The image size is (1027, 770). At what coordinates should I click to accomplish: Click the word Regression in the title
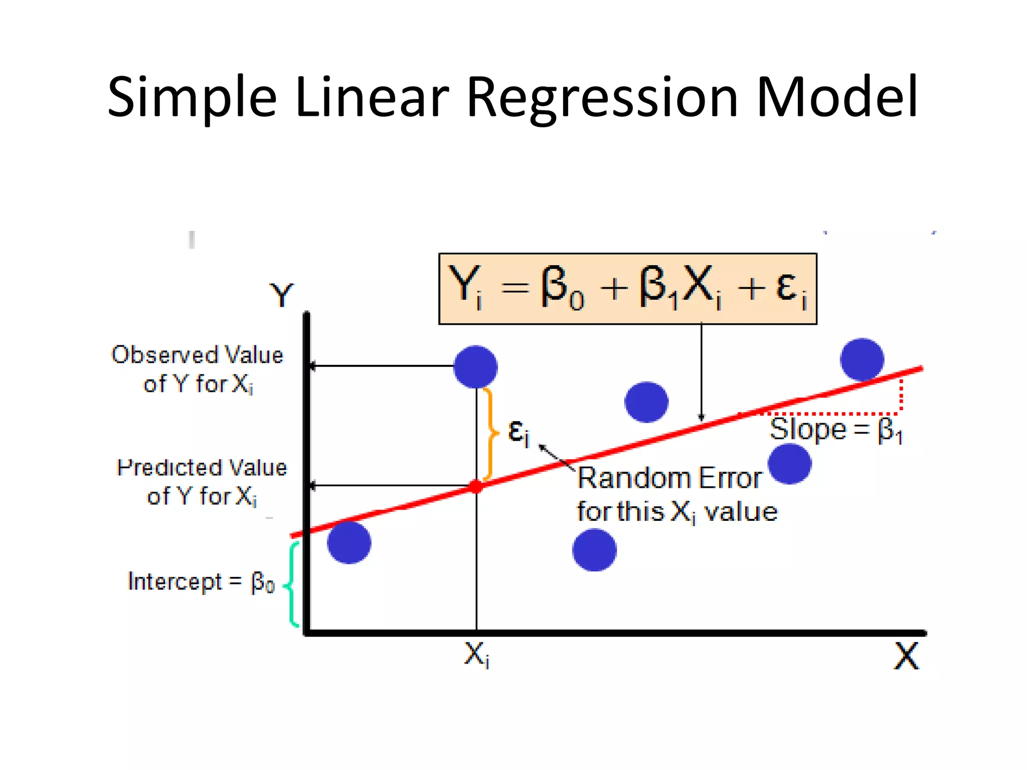point(602,98)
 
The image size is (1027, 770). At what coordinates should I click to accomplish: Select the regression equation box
point(627,289)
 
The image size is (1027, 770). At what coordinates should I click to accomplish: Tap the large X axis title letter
point(906,656)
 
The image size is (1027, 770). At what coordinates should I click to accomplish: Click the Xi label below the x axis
point(476,655)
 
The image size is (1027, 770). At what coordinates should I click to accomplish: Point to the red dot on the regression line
point(475,486)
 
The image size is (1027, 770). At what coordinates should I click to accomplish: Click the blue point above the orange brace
point(475,366)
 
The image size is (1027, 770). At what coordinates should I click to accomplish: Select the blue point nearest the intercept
point(349,542)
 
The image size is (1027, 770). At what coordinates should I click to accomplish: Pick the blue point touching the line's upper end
point(862,359)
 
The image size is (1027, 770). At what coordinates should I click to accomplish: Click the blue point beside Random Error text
point(790,464)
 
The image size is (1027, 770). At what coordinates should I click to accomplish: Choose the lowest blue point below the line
point(594,550)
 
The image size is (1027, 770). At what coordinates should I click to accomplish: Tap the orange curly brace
point(491,434)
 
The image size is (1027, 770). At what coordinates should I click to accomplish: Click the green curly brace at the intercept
point(292,585)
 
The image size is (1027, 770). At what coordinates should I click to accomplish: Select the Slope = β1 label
point(836,430)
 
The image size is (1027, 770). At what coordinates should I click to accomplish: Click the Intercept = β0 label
point(201,583)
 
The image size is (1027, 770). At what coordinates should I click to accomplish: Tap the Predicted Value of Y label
point(202,481)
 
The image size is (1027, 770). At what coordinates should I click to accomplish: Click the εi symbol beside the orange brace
point(518,432)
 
